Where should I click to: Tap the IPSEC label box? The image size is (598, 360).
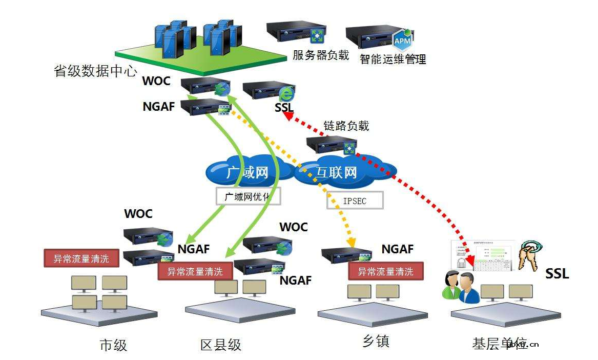355,201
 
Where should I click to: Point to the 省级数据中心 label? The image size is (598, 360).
95,71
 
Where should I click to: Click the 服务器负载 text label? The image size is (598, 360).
320,55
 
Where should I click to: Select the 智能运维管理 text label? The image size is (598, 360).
393,59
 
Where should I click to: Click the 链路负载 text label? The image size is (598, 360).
346,126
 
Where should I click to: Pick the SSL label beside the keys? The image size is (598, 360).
556,273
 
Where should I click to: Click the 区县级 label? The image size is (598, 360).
220,345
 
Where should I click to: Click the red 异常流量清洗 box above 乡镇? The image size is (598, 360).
385,271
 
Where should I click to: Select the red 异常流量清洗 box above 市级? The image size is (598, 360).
81,258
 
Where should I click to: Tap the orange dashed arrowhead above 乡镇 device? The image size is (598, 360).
351,242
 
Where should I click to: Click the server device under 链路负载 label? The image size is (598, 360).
331,146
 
